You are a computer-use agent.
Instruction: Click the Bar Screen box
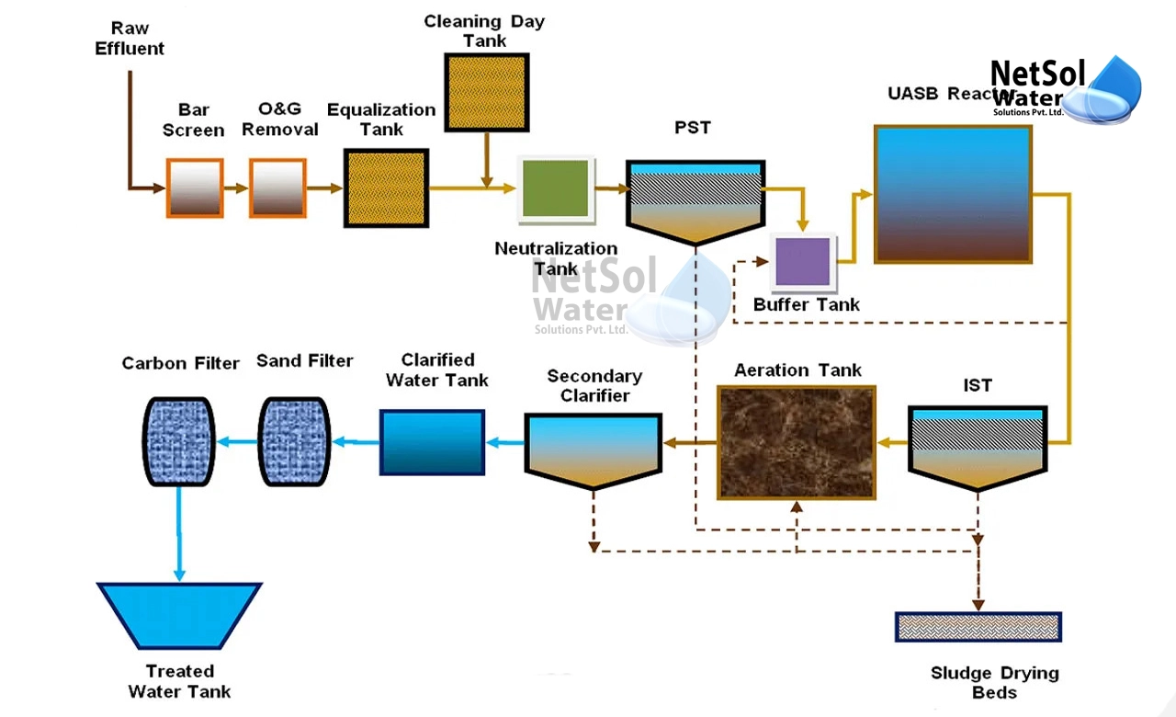(195, 188)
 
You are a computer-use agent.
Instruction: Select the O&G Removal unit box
(277, 188)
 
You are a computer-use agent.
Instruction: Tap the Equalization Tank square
(386, 188)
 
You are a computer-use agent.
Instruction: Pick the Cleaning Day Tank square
(486, 91)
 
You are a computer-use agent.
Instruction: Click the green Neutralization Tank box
(555, 188)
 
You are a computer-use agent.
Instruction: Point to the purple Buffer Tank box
(804, 261)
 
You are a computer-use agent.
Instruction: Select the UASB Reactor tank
(953, 194)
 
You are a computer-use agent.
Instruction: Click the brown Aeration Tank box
(797, 442)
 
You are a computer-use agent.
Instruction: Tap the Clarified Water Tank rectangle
(432, 442)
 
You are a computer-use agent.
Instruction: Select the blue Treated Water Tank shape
(179, 615)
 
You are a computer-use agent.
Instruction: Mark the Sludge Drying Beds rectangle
(978, 627)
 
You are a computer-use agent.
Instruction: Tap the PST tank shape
(695, 199)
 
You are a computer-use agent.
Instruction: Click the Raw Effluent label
(130, 39)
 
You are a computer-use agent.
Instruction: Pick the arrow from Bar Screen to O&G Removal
(236, 188)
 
